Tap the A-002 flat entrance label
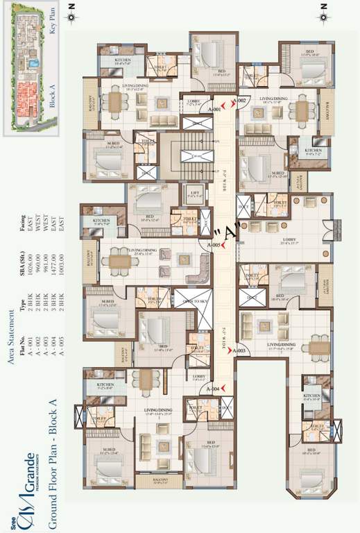point(240,101)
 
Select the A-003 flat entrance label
point(239,352)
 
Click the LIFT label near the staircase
point(193,194)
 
